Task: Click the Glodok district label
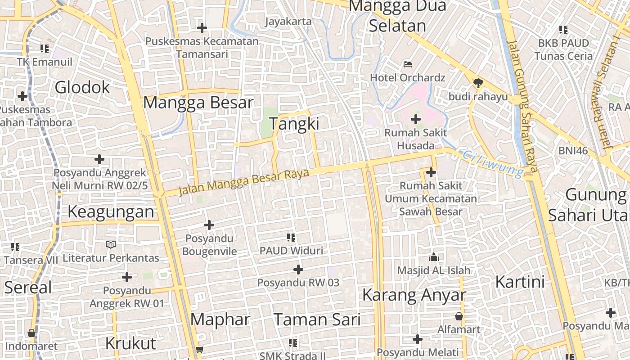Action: tap(82, 87)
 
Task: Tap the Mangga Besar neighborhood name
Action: tap(198, 103)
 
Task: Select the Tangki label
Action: tap(294, 124)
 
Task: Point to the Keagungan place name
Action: tap(111, 211)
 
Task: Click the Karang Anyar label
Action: tap(414, 295)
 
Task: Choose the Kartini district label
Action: tap(520, 282)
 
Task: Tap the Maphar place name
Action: tap(220, 319)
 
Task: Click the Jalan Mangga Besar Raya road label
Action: tap(244, 182)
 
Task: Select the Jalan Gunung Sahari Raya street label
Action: tap(522, 106)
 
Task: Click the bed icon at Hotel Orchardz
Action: tap(408, 64)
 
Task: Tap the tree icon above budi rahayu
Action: tap(478, 83)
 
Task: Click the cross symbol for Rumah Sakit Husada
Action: tap(416, 119)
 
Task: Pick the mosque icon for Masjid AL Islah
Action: tap(434, 257)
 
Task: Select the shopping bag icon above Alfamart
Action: tap(459, 316)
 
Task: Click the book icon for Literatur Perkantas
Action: tap(111, 244)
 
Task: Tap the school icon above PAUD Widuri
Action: tap(291, 237)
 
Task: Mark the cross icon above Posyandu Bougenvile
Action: tap(209, 225)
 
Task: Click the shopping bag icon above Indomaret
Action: tap(31, 333)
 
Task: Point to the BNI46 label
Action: tap(573, 151)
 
